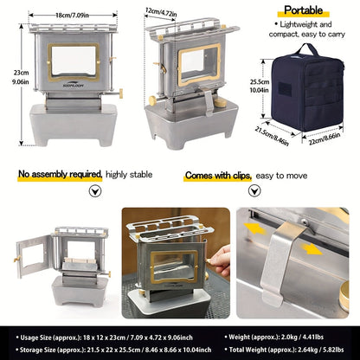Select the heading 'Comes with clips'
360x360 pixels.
point(215,174)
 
